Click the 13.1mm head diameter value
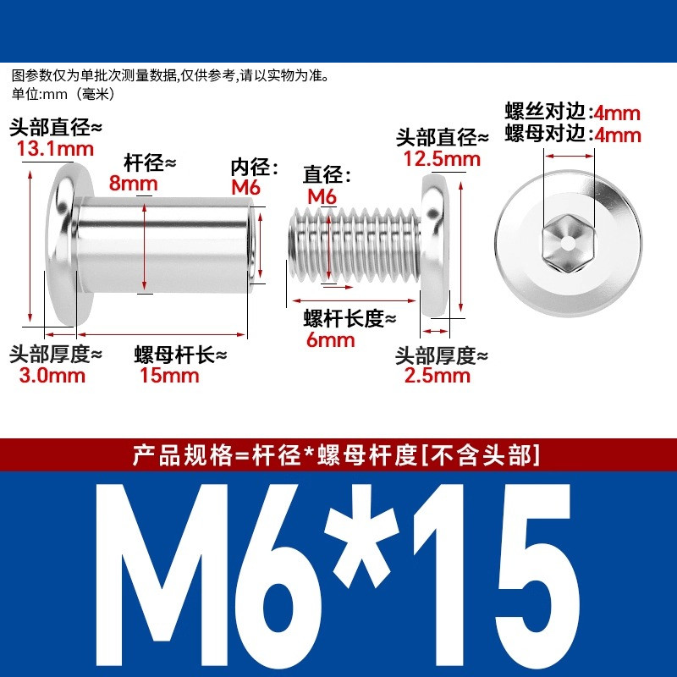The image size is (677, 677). [x=55, y=149]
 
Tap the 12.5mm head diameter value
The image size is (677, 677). [x=442, y=159]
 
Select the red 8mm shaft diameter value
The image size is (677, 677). [x=133, y=183]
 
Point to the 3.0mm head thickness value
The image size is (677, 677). [x=52, y=375]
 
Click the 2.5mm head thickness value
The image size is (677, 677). [x=437, y=375]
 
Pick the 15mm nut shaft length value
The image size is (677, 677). [x=169, y=375]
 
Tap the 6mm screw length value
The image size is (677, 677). [x=330, y=340]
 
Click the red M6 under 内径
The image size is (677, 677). [x=245, y=187]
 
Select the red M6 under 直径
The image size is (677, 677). [x=322, y=196]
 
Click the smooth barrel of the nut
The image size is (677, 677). [x=164, y=245]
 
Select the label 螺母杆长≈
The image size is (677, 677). [x=180, y=355]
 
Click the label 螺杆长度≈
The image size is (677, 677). [x=350, y=319]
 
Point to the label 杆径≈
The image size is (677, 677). [x=151, y=162]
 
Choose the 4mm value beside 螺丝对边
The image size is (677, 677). [x=617, y=113]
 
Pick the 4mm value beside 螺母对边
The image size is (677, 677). [x=618, y=135]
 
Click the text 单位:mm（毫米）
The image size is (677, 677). [x=63, y=94]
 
